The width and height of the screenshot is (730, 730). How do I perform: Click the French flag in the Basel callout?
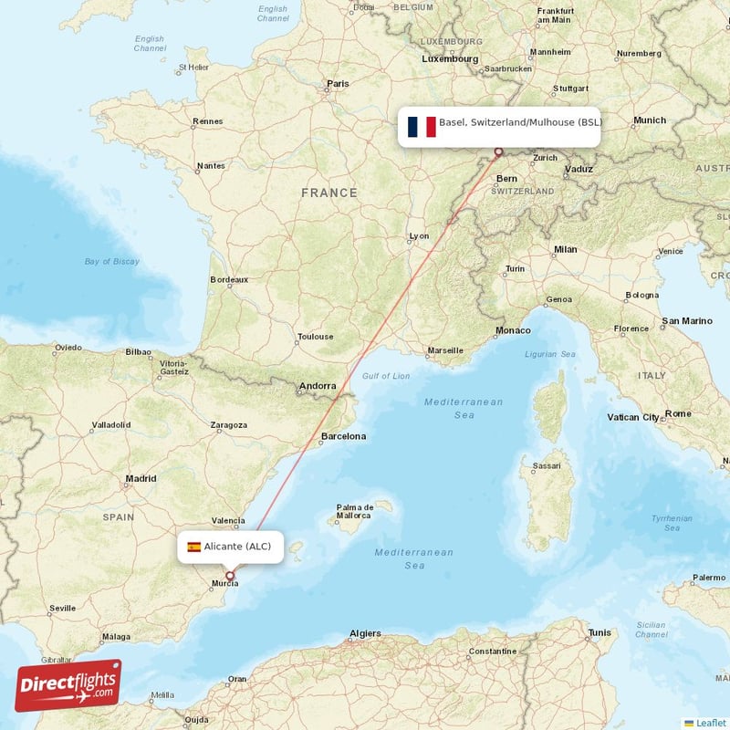point(422,127)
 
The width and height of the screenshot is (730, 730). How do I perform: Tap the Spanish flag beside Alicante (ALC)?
point(193,547)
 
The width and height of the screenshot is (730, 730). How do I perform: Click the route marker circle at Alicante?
point(230,576)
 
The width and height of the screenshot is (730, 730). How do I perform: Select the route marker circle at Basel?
point(498,152)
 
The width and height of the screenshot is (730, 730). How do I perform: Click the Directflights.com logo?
point(68,685)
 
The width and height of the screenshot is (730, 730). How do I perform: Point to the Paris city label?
point(338,84)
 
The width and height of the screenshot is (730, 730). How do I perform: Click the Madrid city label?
point(141,478)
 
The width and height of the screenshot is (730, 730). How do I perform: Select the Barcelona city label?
point(343,436)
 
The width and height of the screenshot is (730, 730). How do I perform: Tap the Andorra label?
point(318,386)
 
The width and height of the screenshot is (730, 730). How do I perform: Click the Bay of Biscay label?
point(112,262)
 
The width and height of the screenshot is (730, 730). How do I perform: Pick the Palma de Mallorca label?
point(355,512)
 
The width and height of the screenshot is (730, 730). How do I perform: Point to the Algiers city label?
point(365,633)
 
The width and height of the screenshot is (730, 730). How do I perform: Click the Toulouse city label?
point(315,337)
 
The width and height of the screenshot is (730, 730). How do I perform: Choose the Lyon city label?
point(419,236)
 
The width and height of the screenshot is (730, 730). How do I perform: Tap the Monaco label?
point(513,330)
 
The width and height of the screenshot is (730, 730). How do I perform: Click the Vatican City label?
point(633,417)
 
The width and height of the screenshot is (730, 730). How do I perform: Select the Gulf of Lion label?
point(386,376)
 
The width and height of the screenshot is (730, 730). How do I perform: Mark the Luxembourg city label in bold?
point(450,59)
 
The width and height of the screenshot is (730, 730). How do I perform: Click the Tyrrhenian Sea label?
point(673,523)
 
